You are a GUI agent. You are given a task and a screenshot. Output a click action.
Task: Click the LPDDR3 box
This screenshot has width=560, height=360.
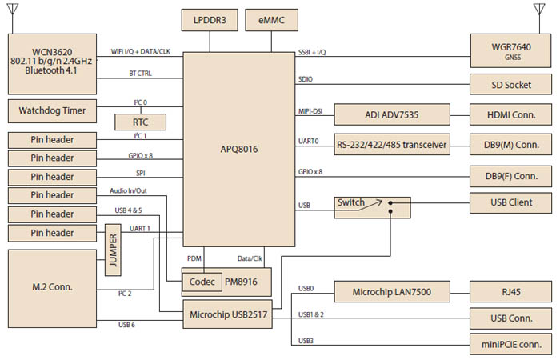tap(210, 20)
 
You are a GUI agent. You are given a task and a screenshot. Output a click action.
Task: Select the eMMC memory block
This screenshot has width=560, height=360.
tap(271, 20)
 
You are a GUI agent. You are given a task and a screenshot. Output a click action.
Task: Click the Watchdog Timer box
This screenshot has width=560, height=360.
tap(51, 109)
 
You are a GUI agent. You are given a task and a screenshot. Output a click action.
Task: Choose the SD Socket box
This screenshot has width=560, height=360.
tap(511, 84)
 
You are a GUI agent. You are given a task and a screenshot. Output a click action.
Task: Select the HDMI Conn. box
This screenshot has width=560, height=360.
tap(511, 114)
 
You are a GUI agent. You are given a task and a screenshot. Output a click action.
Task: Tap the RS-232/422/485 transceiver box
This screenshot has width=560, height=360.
tap(390, 145)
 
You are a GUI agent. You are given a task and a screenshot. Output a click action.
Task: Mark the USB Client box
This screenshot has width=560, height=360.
tap(511, 202)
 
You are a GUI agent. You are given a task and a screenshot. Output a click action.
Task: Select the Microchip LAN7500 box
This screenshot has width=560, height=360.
tap(391, 293)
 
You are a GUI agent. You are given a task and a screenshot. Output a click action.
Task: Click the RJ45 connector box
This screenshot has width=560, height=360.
tap(511, 293)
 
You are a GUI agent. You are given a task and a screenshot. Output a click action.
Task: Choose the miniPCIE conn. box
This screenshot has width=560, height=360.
tap(511, 345)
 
